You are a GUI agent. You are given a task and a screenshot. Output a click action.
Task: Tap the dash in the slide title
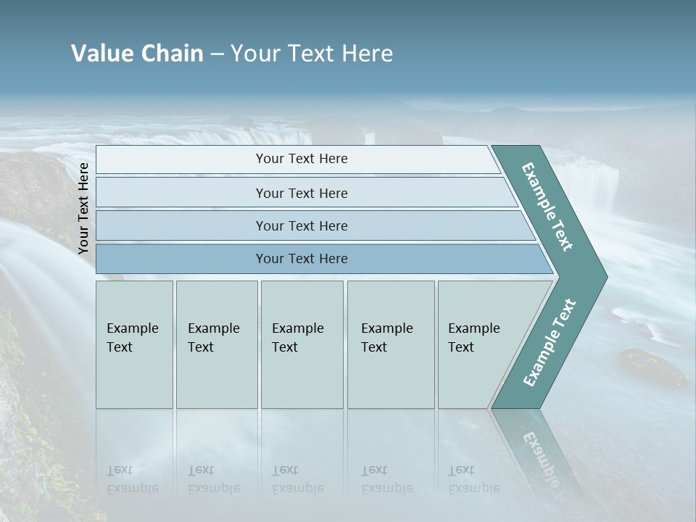tap(217, 54)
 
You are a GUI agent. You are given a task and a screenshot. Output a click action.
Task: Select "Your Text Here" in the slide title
tap(312, 54)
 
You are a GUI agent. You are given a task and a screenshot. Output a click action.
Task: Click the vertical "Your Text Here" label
tap(83, 208)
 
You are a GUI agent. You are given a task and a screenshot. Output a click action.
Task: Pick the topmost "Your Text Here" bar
tap(302, 159)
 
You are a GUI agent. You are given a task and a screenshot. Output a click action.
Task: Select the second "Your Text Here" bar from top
tap(302, 193)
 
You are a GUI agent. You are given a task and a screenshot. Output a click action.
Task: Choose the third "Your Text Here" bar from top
tap(302, 225)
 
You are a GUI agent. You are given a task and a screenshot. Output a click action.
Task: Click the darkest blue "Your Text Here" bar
tap(302, 259)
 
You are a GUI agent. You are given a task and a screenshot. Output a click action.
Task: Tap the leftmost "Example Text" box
tap(134, 344)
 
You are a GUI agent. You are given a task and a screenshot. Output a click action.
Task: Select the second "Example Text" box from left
tap(216, 344)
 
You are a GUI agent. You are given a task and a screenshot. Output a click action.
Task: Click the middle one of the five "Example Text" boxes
tap(302, 344)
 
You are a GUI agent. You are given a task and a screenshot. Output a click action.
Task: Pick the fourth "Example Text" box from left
tap(391, 344)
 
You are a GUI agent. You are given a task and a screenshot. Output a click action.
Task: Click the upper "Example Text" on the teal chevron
tap(548, 207)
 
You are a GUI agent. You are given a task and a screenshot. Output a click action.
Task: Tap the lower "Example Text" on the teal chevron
tap(549, 343)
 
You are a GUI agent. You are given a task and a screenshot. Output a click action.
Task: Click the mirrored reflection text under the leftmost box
tap(133, 479)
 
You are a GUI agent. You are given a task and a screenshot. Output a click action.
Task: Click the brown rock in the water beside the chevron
tap(652, 366)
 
